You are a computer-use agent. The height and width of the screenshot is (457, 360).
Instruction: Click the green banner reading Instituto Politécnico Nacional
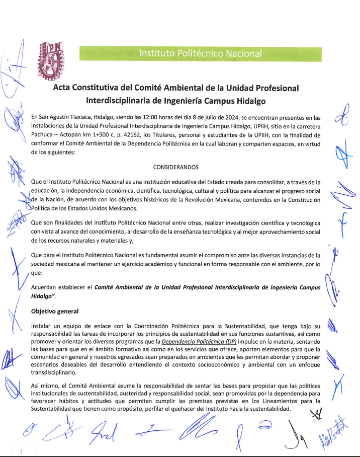200,53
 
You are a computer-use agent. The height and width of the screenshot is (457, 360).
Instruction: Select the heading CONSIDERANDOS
176,167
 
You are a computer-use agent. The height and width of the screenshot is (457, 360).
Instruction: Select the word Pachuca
44,135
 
